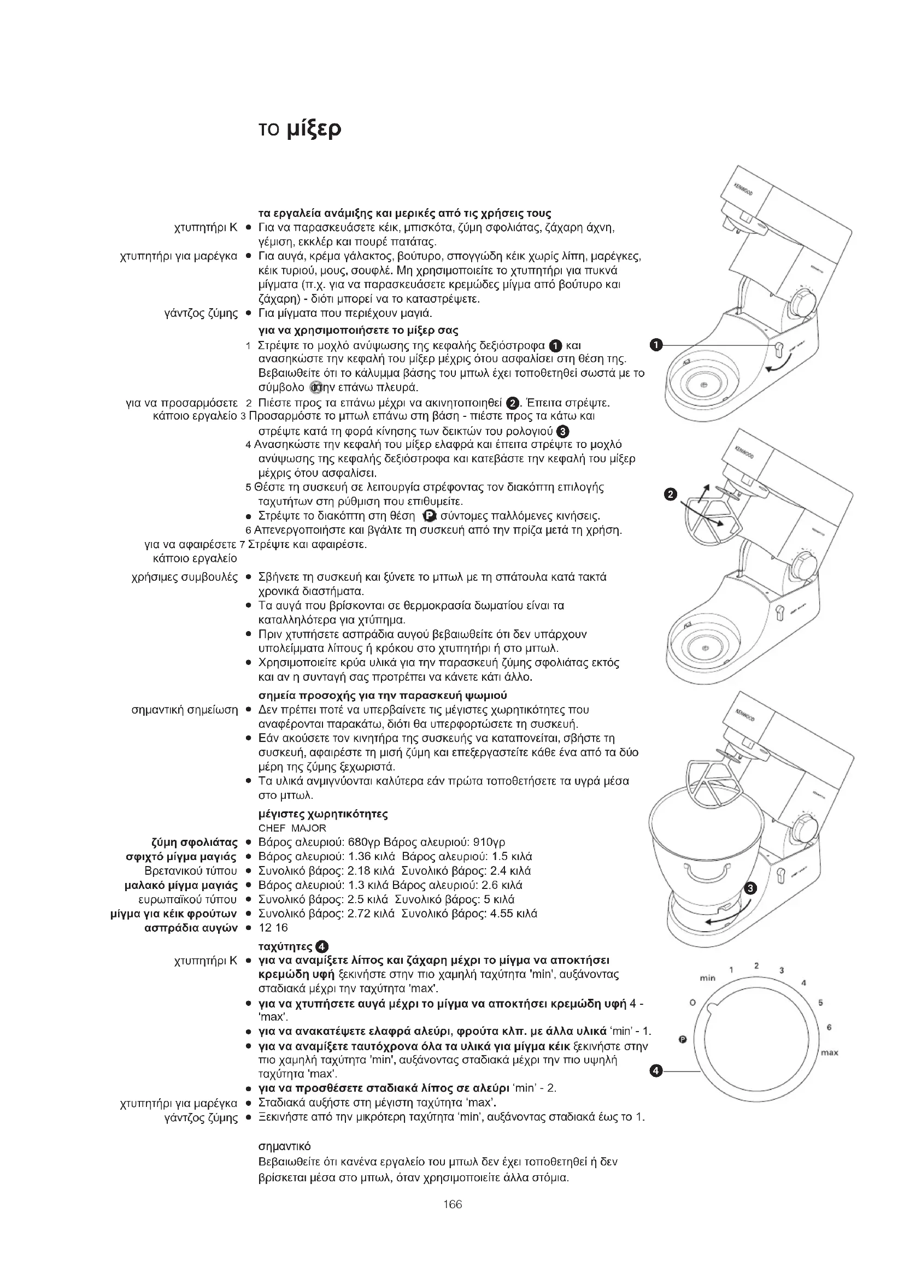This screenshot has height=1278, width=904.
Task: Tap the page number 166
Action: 453,1205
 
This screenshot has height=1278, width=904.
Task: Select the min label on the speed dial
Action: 707,978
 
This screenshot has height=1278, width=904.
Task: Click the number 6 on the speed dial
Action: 829,1027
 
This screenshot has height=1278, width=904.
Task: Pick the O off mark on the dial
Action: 692,1003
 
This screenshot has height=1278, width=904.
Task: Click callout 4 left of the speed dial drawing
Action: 657,1070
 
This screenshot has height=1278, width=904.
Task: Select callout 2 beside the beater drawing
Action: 671,494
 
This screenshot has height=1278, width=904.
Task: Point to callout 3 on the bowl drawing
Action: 750,888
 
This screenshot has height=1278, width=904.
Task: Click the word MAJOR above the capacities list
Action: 309,828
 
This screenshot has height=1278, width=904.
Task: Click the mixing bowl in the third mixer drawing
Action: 707,846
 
